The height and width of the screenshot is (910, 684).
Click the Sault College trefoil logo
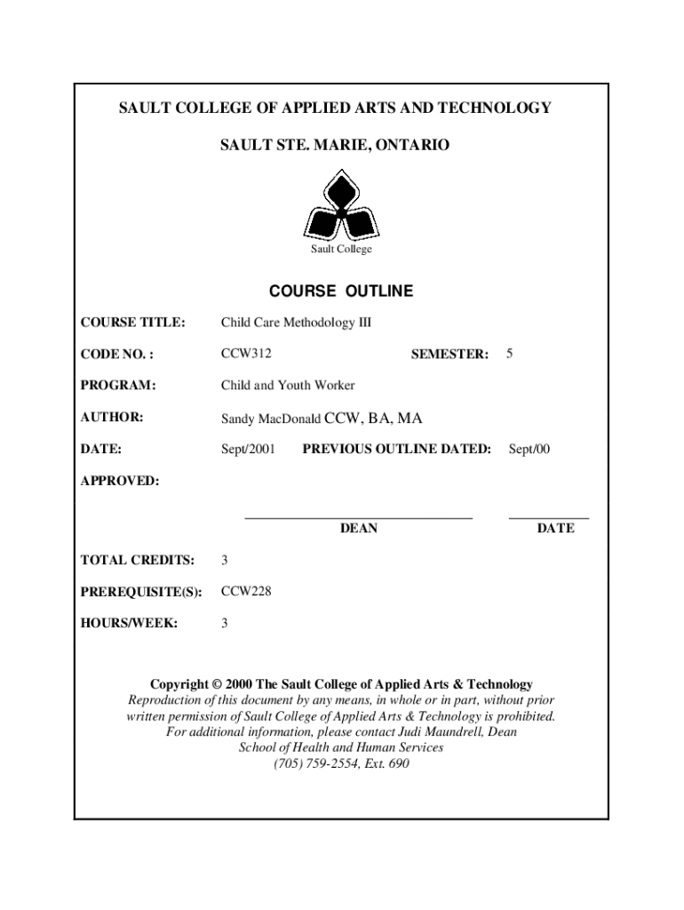[x=341, y=206]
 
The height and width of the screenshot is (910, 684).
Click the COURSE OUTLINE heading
[x=341, y=291]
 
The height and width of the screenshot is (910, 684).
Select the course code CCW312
[x=246, y=354]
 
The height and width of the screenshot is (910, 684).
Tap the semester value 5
[x=509, y=354]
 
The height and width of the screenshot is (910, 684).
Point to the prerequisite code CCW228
[x=246, y=591]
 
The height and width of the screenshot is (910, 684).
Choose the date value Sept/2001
[x=248, y=449]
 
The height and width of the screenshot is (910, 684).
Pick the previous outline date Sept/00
[x=529, y=449]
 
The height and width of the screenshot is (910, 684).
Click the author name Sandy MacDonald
[x=271, y=419]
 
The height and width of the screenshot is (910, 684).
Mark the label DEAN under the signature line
[x=359, y=529]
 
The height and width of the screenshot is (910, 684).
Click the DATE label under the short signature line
[x=555, y=529]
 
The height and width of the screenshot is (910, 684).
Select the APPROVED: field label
[x=120, y=481]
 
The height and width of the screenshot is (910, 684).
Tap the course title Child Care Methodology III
[x=296, y=322]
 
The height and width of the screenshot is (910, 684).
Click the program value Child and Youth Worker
[x=288, y=385]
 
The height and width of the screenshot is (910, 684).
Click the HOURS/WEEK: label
[x=129, y=623]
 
